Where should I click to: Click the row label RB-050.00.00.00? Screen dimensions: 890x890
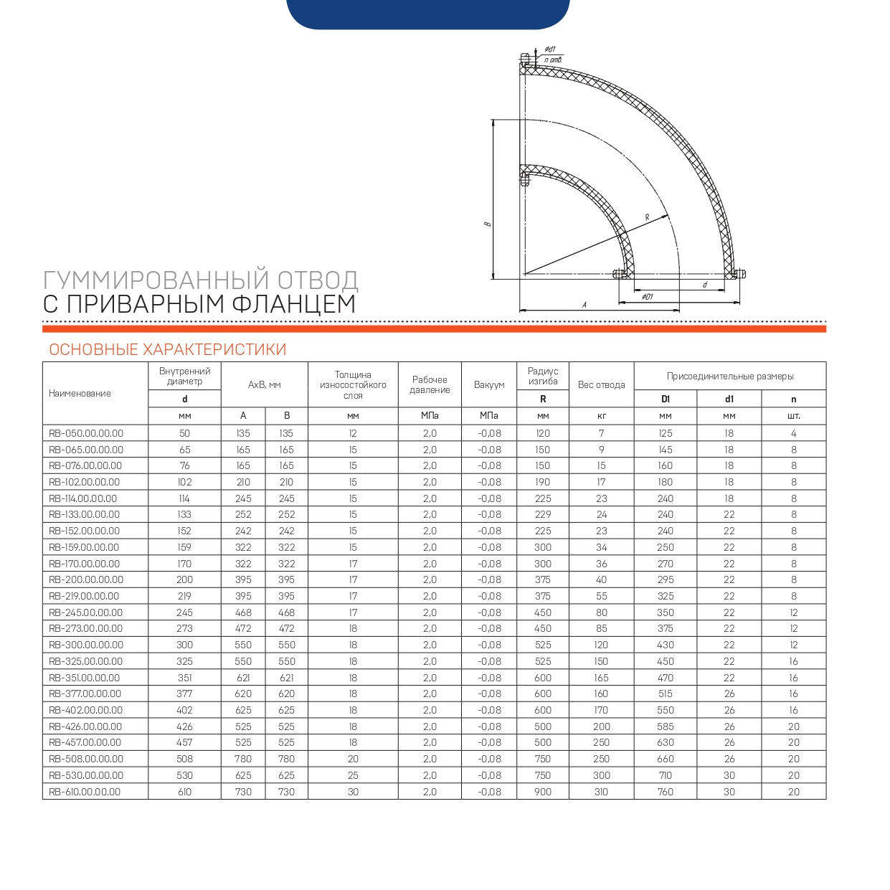[x=86, y=433]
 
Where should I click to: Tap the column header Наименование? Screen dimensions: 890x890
[x=80, y=393]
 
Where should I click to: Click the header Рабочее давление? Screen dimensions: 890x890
[x=430, y=384]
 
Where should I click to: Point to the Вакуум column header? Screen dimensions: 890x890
[x=489, y=384]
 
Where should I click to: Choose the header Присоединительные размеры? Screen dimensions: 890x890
[x=730, y=376]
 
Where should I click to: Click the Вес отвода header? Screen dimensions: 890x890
[x=601, y=384]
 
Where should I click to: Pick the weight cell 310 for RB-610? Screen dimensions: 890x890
[x=601, y=792]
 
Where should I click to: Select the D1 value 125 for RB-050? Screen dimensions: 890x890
[x=666, y=433]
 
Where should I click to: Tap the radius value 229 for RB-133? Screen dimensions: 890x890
[x=543, y=514]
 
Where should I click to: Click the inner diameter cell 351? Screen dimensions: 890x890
[x=184, y=678]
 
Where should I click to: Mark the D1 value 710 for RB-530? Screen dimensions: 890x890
[x=666, y=775]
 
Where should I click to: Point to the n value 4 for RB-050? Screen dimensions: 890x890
[x=793, y=433]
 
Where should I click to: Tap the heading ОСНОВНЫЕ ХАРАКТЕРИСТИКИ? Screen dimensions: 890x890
[x=168, y=350]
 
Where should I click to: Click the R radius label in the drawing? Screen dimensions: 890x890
[x=647, y=217]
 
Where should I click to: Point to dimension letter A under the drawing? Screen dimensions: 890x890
[x=584, y=305]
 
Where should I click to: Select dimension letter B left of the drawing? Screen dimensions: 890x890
[x=488, y=224]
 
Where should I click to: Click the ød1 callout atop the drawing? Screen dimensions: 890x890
[x=550, y=49]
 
